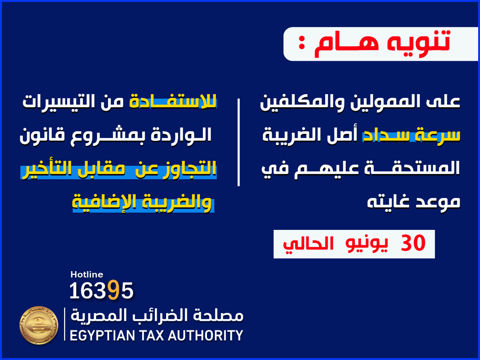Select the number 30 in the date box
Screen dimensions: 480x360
point(413,243)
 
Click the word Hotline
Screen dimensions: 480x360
point(87,274)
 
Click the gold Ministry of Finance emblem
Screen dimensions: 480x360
point(39,325)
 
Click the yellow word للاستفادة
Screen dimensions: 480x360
point(173,101)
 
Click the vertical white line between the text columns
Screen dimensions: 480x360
point(238,142)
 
